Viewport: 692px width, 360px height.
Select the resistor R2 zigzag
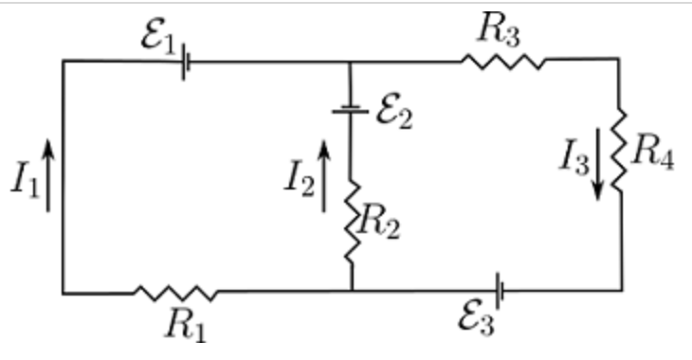(x=351, y=224)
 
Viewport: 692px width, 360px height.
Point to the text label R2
(x=376, y=225)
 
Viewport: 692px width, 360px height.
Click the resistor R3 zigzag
(x=503, y=63)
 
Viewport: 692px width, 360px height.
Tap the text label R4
(x=653, y=152)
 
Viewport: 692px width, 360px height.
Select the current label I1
(x=24, y=181)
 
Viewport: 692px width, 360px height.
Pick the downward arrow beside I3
(x=598, y=171)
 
